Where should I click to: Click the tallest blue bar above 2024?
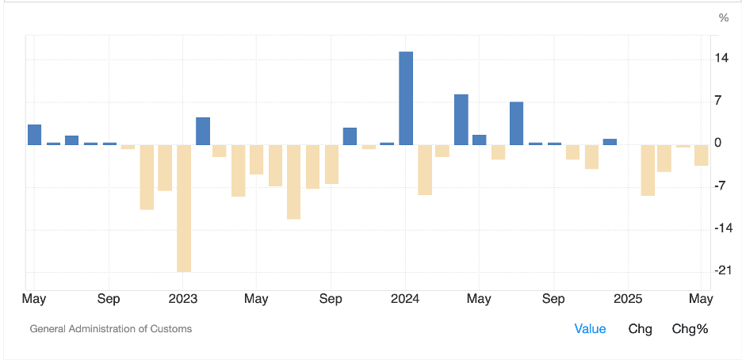coord(405,98)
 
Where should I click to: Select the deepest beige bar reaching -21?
coord(183,208)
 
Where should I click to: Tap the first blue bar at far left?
coord(34,135)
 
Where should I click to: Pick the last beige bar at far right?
coord(701,155)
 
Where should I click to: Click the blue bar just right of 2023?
coord(202,131)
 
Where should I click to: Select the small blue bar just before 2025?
coord(609,142)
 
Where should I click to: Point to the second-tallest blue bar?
coord(461,119)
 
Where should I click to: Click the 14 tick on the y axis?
coord(723,59)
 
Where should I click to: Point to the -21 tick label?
coord(721,270)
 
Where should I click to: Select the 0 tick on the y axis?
coord(717,144)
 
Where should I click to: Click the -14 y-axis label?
coord(721,228)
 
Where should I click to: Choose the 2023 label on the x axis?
coord(183,299)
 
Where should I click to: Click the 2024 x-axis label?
coord(405,299)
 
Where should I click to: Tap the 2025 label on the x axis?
coord(628,299)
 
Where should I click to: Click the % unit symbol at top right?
coord(723,17)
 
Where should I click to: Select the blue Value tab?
coord(590,328)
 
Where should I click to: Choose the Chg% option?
coord(690,328)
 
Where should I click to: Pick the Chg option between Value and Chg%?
coord(640,328)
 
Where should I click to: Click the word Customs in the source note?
coord(171,328)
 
